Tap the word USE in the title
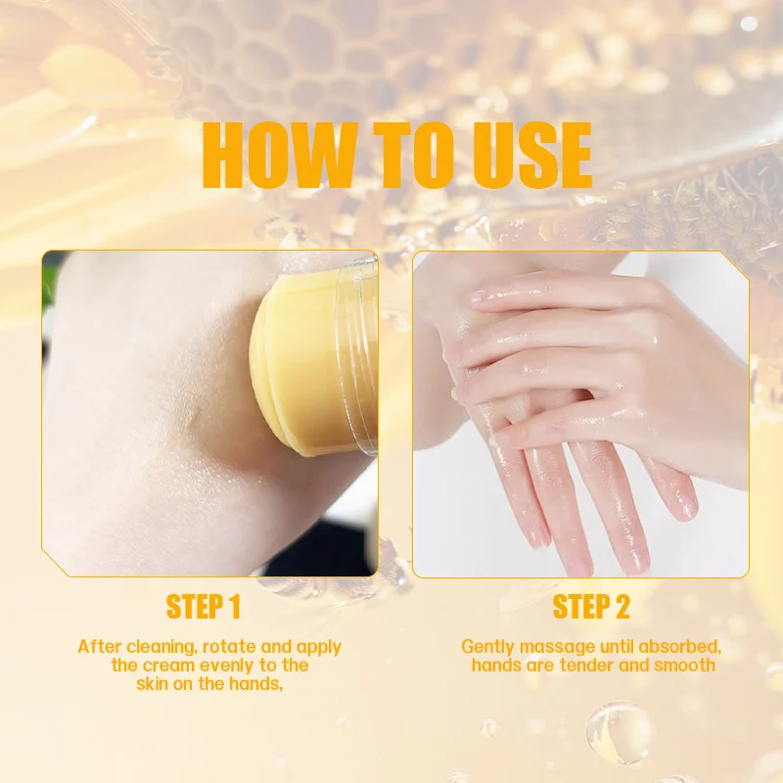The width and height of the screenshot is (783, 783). coord(532,155)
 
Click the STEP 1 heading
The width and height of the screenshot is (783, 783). coord(204,607)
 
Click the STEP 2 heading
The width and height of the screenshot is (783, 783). coord(591,607)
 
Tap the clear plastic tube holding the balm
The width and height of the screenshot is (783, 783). coord(356,354)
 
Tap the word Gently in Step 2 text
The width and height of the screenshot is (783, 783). coord(487,648)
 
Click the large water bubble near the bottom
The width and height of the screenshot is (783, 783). coord(619,733)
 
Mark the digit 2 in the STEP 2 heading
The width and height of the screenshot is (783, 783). coord(622,607)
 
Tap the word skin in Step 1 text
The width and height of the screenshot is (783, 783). coord(152,684)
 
